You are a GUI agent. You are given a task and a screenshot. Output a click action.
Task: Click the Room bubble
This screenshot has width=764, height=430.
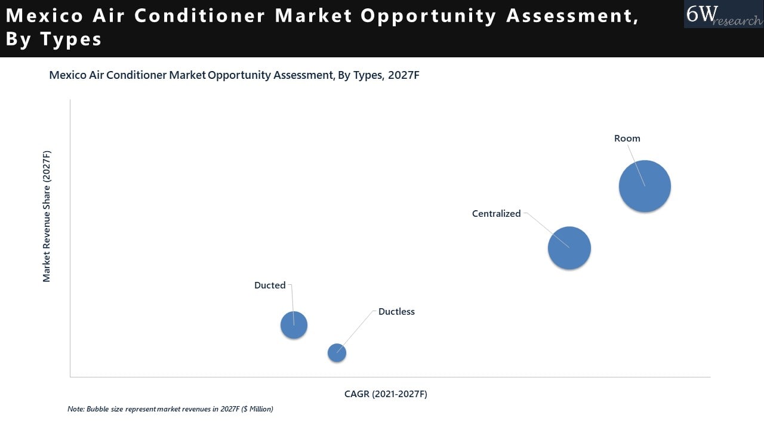(645, 186)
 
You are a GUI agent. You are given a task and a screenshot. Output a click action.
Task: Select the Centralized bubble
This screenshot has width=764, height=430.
(569, 248)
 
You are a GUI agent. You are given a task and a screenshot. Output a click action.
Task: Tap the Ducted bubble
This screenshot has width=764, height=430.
(294, 325)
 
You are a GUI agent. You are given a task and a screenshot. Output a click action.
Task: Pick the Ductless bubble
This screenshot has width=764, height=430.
(337, 353)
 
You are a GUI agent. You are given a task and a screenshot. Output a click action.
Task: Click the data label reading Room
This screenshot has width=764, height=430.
(627, 139)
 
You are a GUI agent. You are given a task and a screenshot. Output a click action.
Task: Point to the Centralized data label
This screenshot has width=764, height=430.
(496, 214)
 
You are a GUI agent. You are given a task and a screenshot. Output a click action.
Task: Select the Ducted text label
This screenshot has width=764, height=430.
(270, 285)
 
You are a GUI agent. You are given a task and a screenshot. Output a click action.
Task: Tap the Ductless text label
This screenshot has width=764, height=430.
(396, 312)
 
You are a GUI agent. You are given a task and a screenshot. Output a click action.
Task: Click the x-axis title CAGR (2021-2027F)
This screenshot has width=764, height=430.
(386, 394)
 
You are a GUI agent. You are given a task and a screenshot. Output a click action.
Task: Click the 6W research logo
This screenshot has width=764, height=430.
(723, 14)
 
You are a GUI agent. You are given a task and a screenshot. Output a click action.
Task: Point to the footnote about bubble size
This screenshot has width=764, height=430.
(170, 409)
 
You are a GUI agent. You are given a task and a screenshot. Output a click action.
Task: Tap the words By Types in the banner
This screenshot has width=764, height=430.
(54, 39)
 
